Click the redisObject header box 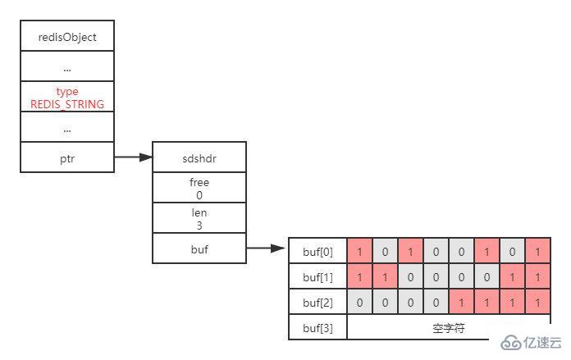click(x=67, y=37)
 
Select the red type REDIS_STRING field click(x=67, y=98)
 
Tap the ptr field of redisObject click(x=67, y=156)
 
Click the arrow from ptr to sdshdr click(x=133, y=156)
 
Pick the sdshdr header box click(x=199, y=157)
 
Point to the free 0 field click(x=199, y=187)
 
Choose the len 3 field click(x=199, y=218)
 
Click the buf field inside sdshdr click(x=199, y=248)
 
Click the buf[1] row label click(x=318, y=276)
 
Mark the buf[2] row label click(x=318, y=302)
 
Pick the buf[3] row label click(x=318, y=327)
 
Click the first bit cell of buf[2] click(x=360, y=302)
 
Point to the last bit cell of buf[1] click(x=538, y=276)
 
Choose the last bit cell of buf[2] click(x=538, y=302)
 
